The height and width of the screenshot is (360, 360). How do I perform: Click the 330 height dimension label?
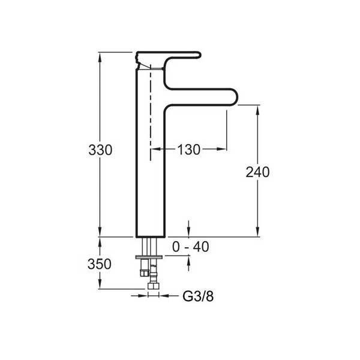[100, 150]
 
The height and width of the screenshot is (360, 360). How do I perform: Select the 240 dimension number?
[257, 172]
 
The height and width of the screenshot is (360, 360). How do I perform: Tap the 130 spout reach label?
[189, 149]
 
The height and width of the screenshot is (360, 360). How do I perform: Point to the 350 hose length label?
[100, 264]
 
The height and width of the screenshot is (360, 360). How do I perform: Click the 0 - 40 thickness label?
[191, 247]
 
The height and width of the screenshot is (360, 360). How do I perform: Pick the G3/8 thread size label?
[198, 296]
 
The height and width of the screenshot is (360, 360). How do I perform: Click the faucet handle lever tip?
[199, 55]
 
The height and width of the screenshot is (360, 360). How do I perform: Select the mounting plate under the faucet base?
[149, 257]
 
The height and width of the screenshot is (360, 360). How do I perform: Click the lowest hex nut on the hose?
[154, 286]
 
